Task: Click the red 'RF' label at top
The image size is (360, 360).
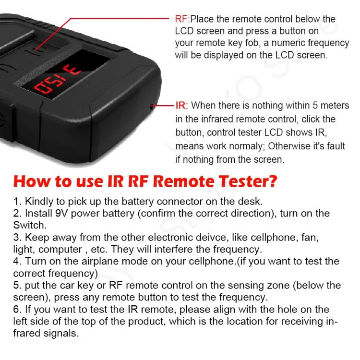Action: click(182, 19)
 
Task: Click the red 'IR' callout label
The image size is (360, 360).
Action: click(180, 106)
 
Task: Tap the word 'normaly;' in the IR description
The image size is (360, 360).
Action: click(243, 145)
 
